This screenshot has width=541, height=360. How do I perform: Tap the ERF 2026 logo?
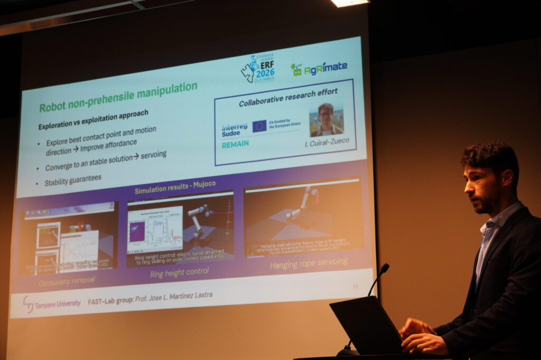click(x=258, y=69)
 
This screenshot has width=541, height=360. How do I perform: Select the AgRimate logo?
click(x=319, y=68)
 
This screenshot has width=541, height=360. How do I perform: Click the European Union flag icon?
click(x=259, y=126)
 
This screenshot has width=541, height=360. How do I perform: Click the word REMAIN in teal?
click(x=235, y=144)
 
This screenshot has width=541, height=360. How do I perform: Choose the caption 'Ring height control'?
click(x=179, y=272)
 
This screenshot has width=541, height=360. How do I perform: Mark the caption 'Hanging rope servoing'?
click(x=309, y=262)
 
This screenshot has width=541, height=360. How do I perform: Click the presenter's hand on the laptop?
click(x=423, y=342)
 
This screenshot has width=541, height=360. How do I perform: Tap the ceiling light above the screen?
click(x=350, y=3)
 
